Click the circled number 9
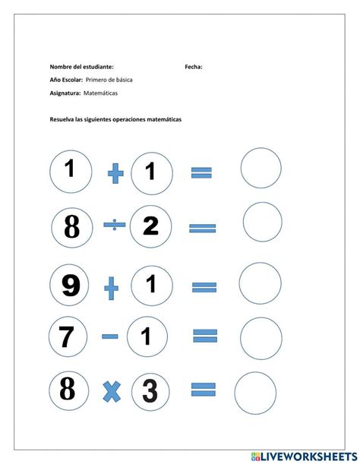click(71, 286)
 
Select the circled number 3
click(150, 390)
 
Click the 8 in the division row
click(72, 226)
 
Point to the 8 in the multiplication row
click(68, 390)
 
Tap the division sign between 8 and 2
click(114, 225)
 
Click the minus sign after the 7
click(110, 336)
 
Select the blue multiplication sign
click(112, 391)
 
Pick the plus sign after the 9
click(112, 287)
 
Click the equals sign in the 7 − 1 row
click(205, 336)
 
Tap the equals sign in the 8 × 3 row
click(203, 390)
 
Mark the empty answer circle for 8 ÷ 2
click(262, 222)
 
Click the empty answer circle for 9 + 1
click(261, 283)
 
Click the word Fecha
click(193, 67)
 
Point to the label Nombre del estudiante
click(81, 67)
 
